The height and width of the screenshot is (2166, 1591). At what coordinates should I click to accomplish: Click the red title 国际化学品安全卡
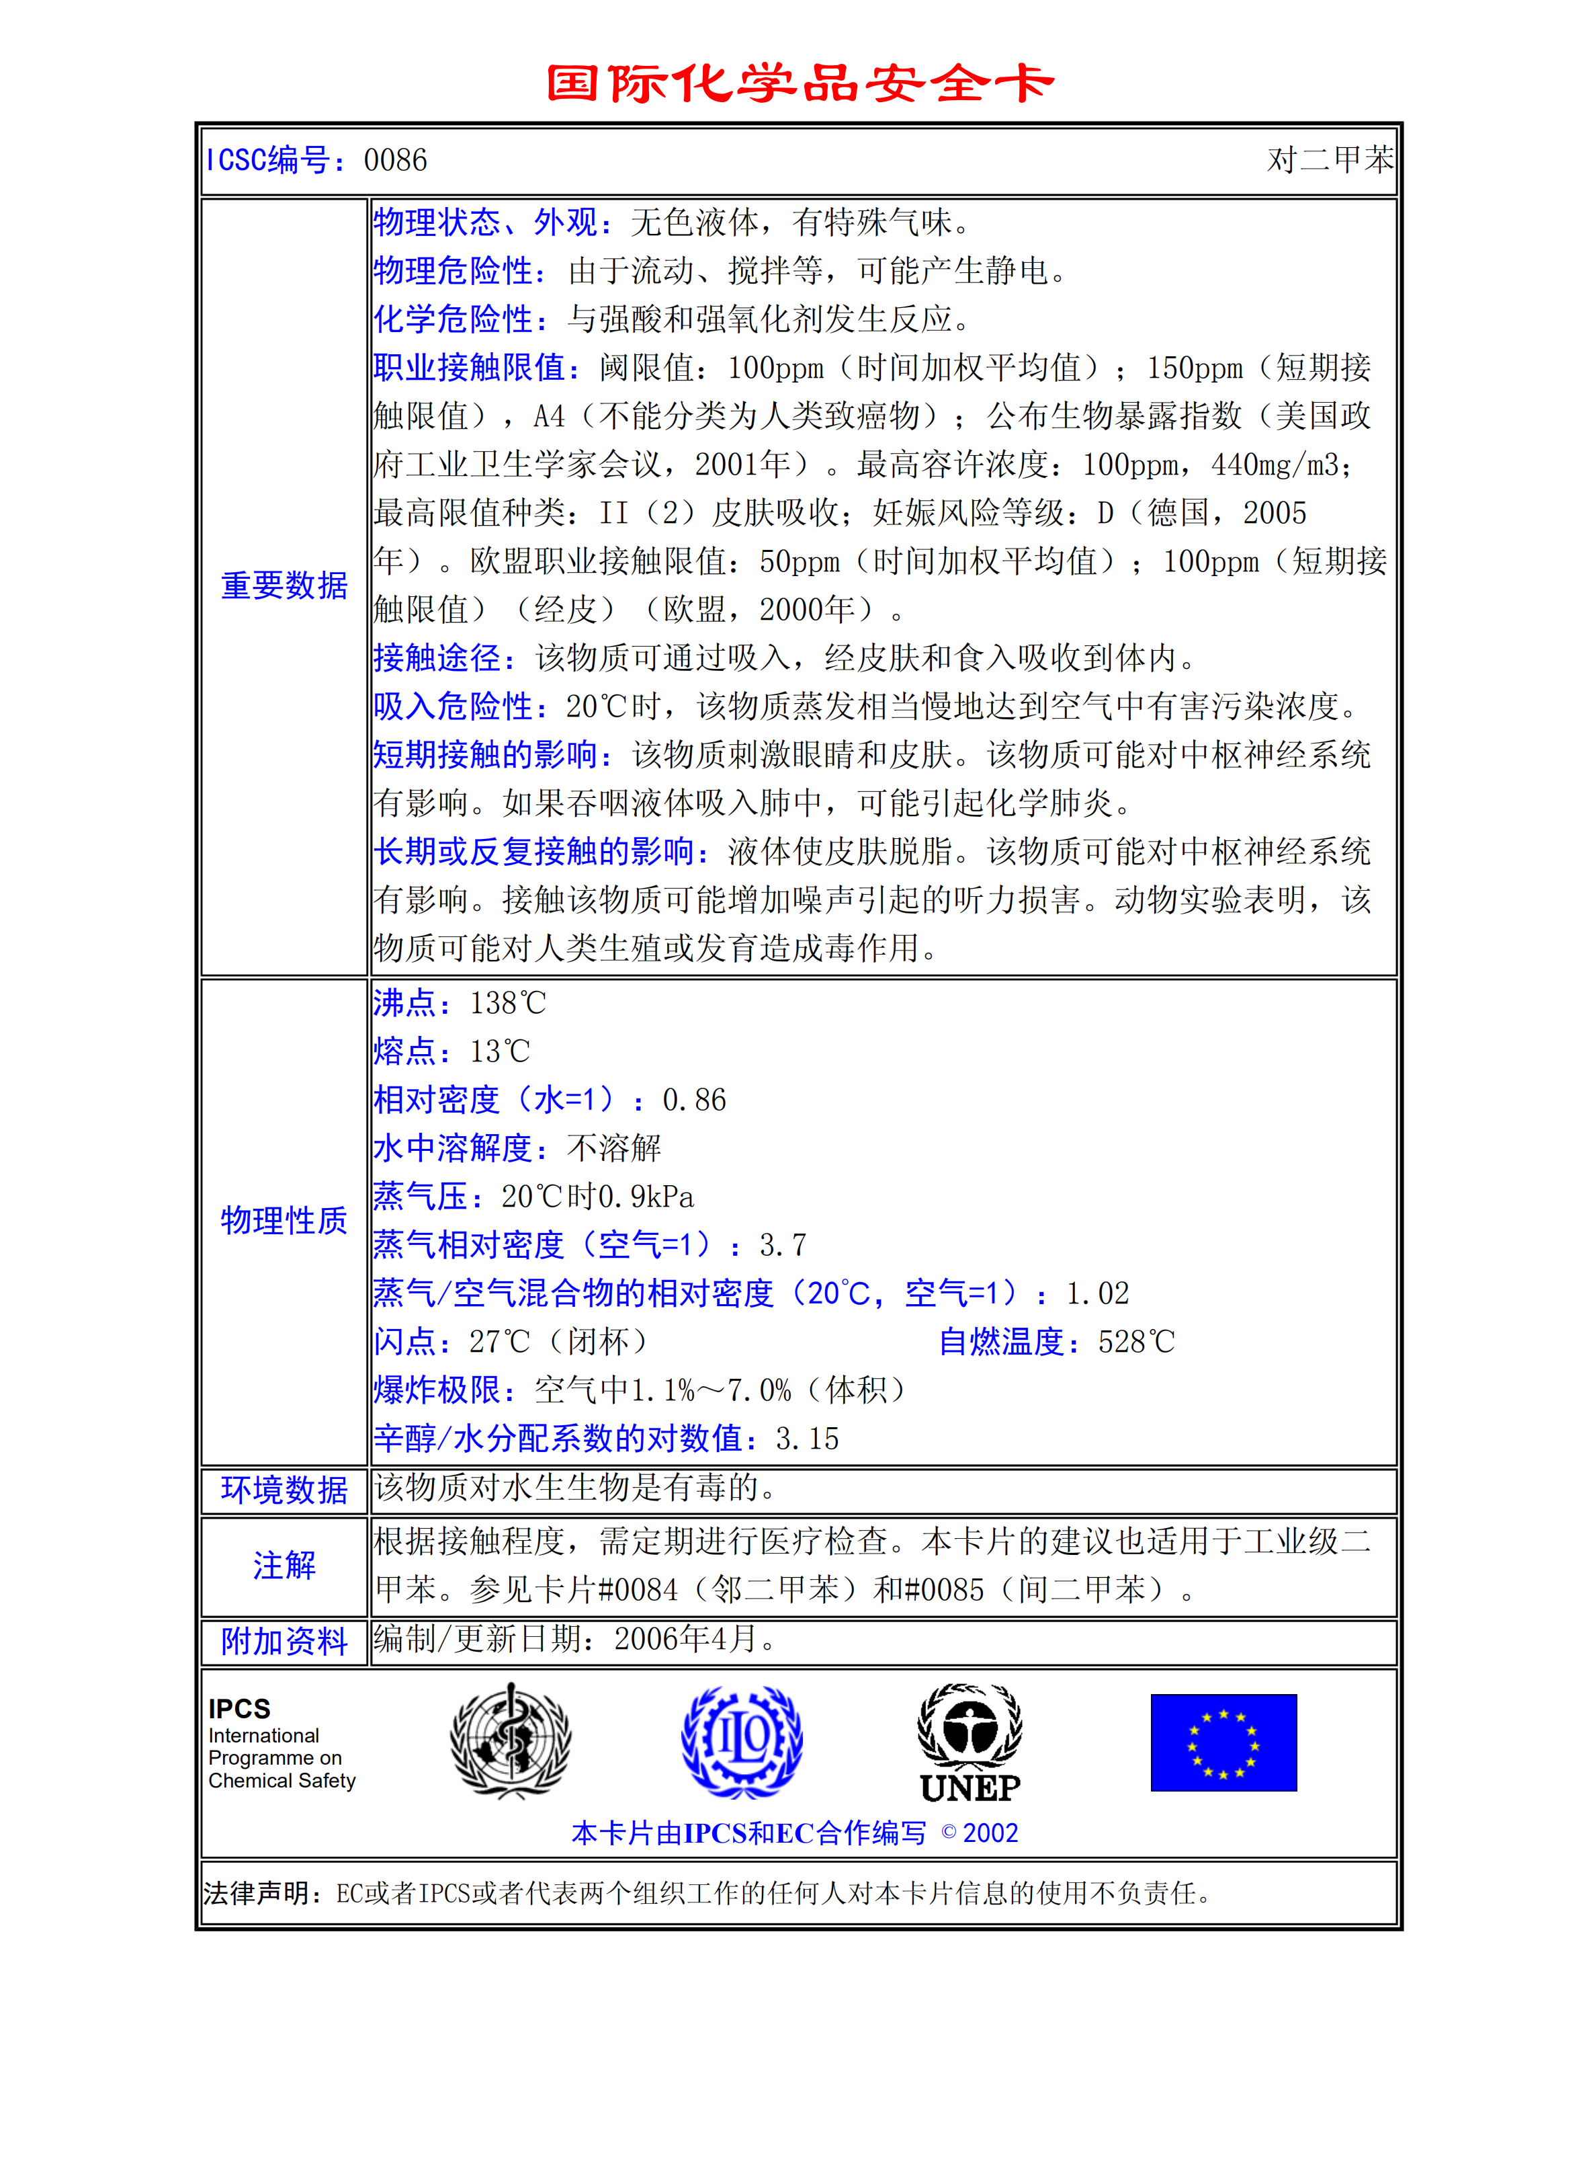[x=800, y=84]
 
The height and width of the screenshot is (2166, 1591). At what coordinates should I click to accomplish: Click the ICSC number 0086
[x=395, y=160]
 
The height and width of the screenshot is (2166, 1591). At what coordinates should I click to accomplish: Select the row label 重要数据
[x=284, y=585]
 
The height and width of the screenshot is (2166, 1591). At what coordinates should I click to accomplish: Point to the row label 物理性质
[x=284, y=1220]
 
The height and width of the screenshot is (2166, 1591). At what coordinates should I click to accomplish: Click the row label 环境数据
[x=284, y=1490]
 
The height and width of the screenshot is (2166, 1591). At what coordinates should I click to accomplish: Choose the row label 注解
[x=284, y=1565]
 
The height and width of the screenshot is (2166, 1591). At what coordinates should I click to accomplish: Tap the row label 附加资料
[x=284, y=1641]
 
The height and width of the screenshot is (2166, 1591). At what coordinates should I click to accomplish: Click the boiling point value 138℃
[x=507, y=1003]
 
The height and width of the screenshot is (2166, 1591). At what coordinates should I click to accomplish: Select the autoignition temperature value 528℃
[x=1136, y=1341]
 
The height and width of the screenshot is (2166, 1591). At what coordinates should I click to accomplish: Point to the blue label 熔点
[x=404, y=1051]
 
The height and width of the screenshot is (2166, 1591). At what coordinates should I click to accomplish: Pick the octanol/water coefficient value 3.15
[x=807, y=1439]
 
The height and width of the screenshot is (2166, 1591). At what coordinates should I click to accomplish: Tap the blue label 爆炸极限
[x=436, y=1390]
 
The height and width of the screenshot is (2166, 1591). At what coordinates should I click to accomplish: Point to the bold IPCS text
[x=239, y=1708]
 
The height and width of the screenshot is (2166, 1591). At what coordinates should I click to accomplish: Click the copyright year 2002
[x=990, y=1833]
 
